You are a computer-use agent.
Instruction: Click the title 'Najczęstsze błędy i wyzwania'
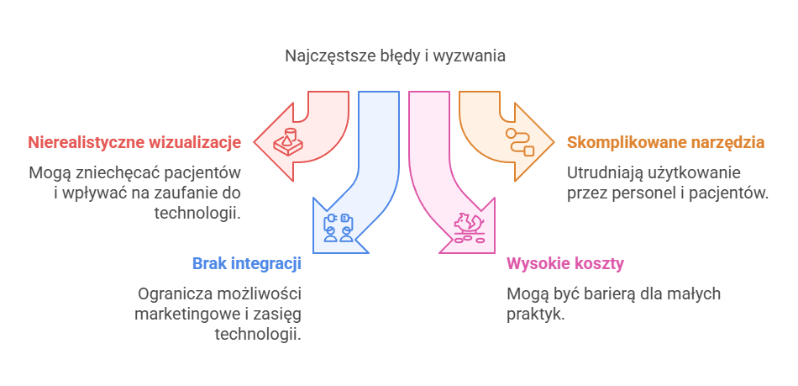(x=395, y=57)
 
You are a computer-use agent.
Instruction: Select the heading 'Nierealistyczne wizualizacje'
(x=134, y=142)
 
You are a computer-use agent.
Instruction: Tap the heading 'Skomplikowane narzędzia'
(x=665, y=142)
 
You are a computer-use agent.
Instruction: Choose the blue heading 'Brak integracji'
(x=247, y=264)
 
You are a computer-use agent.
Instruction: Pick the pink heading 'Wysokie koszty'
(x=564, y=264)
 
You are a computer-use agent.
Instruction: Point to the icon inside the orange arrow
(x=518, y=141)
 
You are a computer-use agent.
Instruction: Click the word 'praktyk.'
(x=535, y=315)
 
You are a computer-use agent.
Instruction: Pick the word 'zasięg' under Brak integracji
(x=281, y=315)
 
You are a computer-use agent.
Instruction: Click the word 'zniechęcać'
(x=107, y=173)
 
